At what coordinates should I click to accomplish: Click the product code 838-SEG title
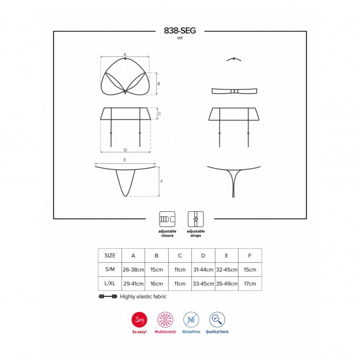coord(180,30)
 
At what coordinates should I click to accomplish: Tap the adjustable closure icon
coord(167,219)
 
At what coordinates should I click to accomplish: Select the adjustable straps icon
coord(195,219)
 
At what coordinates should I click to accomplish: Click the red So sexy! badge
coord(140,319)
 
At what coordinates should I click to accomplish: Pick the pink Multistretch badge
coord(165,319)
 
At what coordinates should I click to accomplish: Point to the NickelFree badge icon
coord(191,319)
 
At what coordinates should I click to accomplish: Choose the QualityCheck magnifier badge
coord(217,319)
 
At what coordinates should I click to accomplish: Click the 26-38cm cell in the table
coord(134,270)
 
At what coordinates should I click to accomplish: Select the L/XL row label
coord(110,284)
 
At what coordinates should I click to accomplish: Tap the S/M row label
coord(110,270)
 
